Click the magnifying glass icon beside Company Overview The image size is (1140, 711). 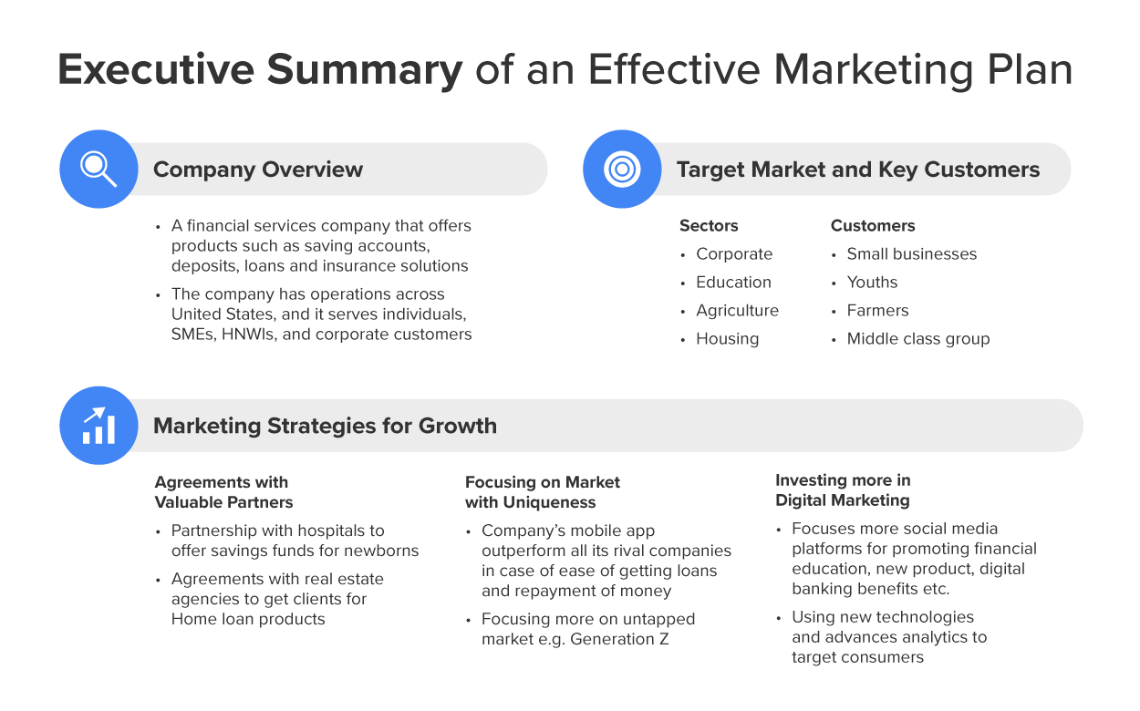tap(98, 169)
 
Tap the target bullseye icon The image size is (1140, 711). tap(622, 169)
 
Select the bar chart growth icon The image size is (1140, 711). tap(98, 426)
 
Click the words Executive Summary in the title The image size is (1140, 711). tap(260, 70)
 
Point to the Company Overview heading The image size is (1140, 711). tap(258, 170)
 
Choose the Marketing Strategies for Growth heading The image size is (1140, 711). tap(325, 426)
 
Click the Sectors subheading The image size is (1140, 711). tap(709, 226)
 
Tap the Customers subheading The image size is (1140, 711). tap(873, 226)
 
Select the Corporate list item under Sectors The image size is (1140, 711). tap(734, 254)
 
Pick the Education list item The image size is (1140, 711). tap(733, 283)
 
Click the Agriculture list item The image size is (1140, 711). tap(737, 311)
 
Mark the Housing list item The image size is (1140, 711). tap(727, 339)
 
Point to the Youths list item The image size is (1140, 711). tap(872, 283)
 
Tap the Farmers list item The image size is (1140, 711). tap(877, 311)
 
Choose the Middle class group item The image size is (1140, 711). tap(917, 339)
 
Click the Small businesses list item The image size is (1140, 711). tap(911, 254)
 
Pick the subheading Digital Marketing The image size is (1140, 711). tap(843, 500)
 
